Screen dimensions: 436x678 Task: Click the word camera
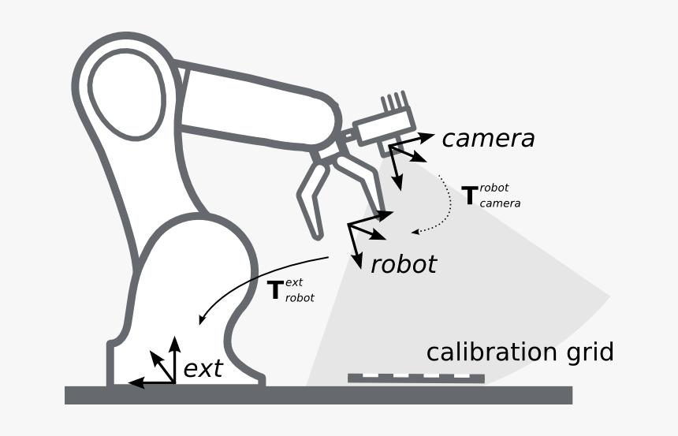click(x=488, y=139)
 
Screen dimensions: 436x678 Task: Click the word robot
click(x=403, y=263)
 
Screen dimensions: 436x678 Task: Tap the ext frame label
click(x=203, y=368)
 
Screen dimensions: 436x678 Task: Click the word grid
click(x=583, y=352)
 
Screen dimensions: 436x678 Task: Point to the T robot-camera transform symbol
click(x=470, y=194)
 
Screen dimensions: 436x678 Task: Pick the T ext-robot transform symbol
click(x=276, y=290)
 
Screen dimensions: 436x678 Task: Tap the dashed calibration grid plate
click(x=415, y=378)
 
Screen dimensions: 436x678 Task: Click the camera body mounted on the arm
click(x=383, y=125)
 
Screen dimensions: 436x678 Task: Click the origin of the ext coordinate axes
click(x=174, y=382)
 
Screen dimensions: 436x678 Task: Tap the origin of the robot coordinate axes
click(x=349, y=225)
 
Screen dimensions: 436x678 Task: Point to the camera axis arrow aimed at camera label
click(x=423, y=137)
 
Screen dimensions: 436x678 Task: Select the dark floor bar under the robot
click(x=315, y=394)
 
